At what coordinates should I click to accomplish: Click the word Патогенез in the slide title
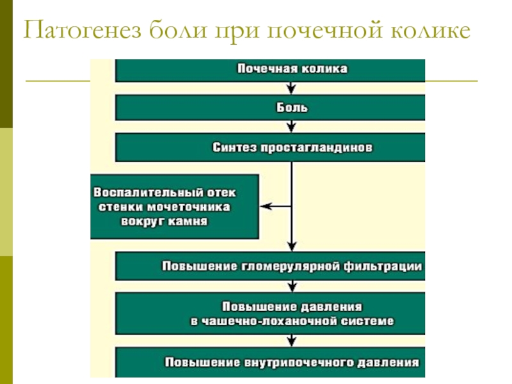(x=83, y=31)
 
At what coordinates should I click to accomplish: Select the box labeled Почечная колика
(x=270, y=70)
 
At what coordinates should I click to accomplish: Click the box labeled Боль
(x=270, y=108)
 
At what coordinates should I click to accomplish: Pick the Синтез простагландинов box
(x=270, y=147)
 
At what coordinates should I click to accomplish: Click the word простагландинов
(x=316, y=148)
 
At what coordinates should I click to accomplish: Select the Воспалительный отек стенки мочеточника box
(x=175, y=207)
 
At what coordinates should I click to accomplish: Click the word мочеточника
(x=188, y=207)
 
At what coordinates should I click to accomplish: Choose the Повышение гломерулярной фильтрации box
(x=270, y=266)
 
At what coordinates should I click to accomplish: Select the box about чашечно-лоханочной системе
(x=270, y=314)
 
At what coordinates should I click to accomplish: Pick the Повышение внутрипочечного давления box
(x=270, y=362)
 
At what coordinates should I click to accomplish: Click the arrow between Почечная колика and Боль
(x=291, y=88)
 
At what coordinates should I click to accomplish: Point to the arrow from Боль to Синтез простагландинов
(x=291, y=126)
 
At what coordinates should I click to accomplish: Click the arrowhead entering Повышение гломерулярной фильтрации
(x=292, y=246)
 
